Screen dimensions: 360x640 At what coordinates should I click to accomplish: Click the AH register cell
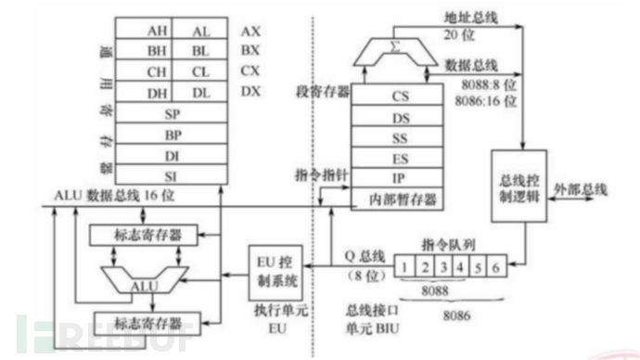tap(157, 30)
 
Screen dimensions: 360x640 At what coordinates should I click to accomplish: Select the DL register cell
tap(200, 91)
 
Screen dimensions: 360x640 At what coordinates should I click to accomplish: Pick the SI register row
tap(173, 173)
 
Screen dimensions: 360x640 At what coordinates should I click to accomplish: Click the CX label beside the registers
tap(250, 71)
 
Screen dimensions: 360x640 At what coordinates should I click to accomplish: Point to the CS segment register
tap(400, 95)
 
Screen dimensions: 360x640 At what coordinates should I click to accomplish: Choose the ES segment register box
tap(400, 157)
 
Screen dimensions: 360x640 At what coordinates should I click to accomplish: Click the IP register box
tap(400, 177)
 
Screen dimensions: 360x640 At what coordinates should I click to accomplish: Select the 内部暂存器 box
tap(400, 198)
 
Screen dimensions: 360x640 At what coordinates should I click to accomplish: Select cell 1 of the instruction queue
tap(402, 269)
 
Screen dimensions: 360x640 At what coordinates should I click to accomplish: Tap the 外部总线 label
tap(582, 188)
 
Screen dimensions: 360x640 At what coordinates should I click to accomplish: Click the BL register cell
tap(200, 50)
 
